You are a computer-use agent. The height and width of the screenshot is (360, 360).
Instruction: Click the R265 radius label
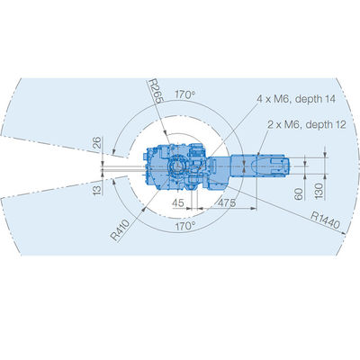point(156,91)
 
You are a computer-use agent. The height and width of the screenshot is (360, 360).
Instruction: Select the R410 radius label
point(120,230)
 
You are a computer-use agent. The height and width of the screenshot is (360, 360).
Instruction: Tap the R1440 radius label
point(325,220)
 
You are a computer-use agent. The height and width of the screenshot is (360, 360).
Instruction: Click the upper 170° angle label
point(184,94)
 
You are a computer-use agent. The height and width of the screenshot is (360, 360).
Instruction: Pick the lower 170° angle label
point(185,226)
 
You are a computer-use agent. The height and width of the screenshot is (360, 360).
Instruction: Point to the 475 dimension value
point(227,203)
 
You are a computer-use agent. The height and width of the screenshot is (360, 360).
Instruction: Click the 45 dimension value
point(178,203)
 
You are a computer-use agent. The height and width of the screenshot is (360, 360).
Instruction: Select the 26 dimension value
point(97,143)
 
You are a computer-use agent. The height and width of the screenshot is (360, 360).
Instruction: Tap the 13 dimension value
point(97,190)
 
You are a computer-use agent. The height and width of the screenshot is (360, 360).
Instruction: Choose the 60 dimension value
point(299,194)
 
